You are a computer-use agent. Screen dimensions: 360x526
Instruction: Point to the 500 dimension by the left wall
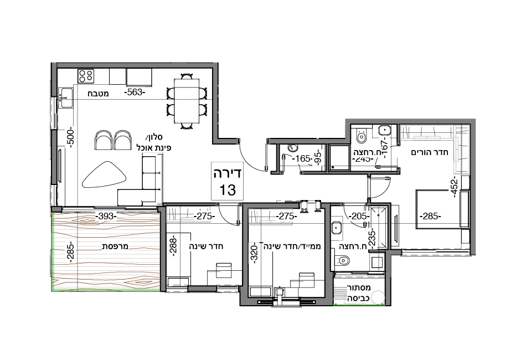pos(70,137)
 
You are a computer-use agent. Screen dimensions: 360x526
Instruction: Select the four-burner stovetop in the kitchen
pos(86,75)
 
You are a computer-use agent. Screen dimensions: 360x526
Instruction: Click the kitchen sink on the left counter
pos(67,98)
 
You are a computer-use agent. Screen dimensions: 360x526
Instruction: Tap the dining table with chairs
pos(187,100)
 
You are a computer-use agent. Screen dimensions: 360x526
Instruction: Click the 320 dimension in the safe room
pos(254,254)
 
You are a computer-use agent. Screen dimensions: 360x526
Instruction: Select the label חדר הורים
pos(429,152)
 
